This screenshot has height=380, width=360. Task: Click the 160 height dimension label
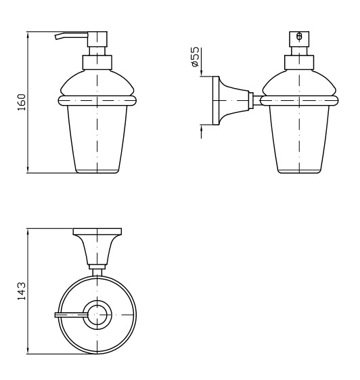(22, 102)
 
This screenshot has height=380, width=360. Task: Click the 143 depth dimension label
(22, 291)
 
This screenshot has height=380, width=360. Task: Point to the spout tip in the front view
(57, 37)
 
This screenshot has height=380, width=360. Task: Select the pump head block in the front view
(97, 39)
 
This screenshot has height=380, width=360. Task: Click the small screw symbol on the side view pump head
(299, 37)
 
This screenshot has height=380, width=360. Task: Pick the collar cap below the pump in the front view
(97, 63)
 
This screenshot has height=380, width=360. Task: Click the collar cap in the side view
(299, 63)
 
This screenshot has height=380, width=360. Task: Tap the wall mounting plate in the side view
(216, 101)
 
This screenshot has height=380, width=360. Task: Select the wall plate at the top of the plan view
(97, 232)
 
